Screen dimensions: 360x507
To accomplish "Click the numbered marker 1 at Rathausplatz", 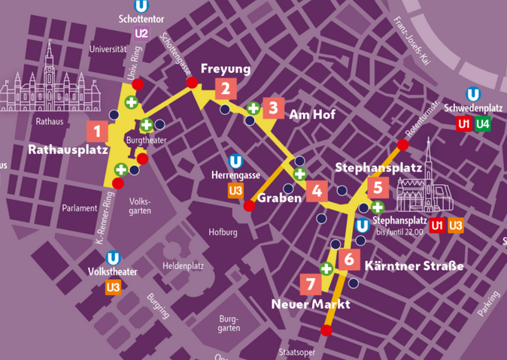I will coord(96,131).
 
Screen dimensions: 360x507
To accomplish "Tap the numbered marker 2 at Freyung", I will coord(224,89).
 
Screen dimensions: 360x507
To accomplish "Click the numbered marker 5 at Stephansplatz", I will coord(378,186).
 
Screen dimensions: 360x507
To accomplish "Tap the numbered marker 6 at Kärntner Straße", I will coord(348,260).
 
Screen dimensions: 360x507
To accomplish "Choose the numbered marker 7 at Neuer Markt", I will coord(309,284).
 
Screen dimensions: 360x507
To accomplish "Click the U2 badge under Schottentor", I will coord(141,34).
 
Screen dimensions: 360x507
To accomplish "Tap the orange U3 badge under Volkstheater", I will coord(114,286).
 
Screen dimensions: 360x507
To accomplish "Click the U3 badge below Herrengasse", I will coord(235,190).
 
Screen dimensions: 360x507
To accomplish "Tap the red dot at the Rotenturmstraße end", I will coord(402,144).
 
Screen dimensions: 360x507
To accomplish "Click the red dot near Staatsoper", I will coord(326,330).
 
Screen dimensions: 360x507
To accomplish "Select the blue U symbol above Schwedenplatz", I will coord(473,94).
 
